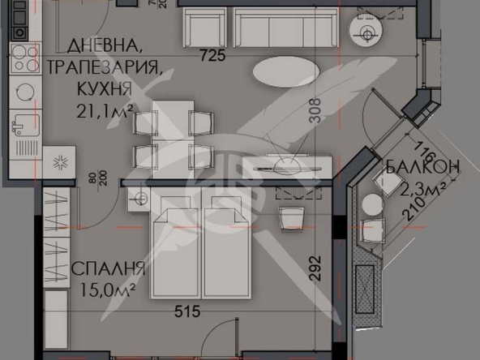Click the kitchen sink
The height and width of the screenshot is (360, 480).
click(x=24, y=125)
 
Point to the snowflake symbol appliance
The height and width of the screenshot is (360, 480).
click(x=59, y=161)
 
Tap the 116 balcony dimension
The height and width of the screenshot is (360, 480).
click(x=422, y=149)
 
